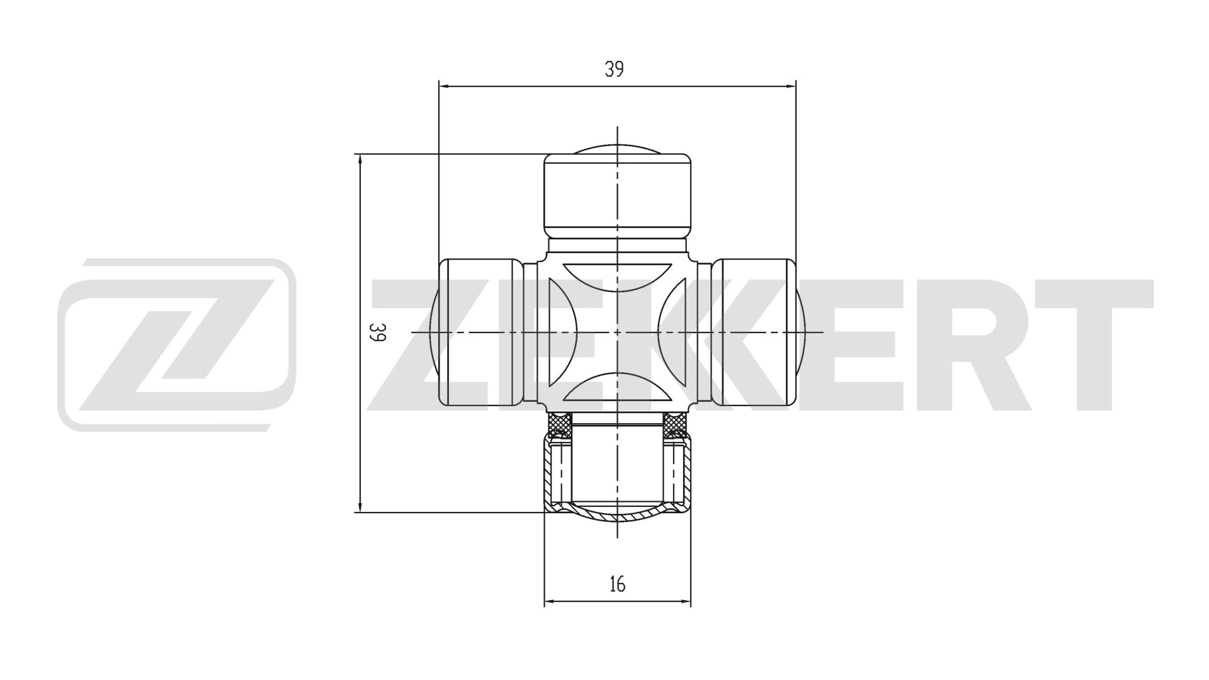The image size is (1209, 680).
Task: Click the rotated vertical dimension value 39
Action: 377,332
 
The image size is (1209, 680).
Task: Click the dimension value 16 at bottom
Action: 618,584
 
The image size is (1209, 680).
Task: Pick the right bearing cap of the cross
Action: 754,332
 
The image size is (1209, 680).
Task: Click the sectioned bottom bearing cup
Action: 617,479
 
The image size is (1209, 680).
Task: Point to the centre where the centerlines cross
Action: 618,332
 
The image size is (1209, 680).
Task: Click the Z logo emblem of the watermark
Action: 176,344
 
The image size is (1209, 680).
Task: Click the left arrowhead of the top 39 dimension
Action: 444,86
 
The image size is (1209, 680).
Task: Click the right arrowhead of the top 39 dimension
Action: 791,86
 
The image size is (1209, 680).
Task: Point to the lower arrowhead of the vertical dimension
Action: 360,507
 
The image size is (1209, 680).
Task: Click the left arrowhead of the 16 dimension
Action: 550,602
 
